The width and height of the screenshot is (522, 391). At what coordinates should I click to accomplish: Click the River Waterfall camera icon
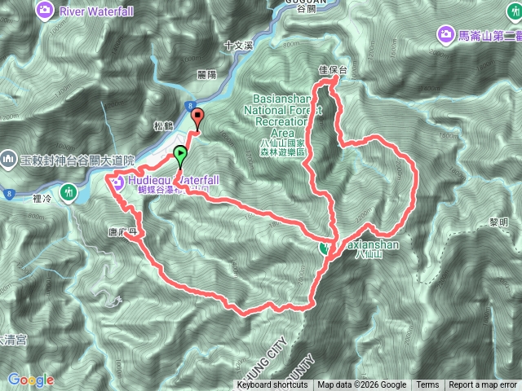click(46, 11)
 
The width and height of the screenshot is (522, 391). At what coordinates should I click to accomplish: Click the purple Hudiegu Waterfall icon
click(118, 182)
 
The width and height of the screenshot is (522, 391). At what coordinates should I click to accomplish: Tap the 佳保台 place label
click(332, 71)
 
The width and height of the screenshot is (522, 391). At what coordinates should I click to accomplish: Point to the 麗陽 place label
click(207, 74)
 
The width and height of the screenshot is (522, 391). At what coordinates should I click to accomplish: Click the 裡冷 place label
click(43, 196)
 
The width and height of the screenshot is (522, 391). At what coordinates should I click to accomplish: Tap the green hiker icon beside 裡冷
click(71, 193)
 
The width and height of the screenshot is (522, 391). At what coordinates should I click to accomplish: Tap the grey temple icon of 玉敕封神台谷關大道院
click(8, 156)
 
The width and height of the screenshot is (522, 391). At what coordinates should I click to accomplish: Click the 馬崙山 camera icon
click(446, 33)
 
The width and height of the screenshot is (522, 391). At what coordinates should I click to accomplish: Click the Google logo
click(31, 380)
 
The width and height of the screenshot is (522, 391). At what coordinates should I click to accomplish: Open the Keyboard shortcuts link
click(272, 385)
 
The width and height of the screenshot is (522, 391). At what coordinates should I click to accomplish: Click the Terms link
click(427, 385)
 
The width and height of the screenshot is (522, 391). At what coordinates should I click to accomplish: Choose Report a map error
click(484, 385)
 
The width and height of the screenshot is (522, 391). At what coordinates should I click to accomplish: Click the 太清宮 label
click(11, 339)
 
